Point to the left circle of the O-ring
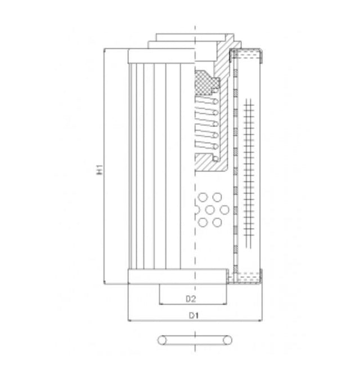click(x=163, y=340)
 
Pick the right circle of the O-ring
click(x=226, y=340)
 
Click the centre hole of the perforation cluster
click(x=213, y=210)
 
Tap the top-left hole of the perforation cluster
click(x=203, y=198)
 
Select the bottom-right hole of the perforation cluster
click(x=217, y=222)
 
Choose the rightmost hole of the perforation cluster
click(x=225, y=210)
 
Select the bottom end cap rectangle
click(x=177, y=277)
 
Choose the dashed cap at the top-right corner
click(x=247, y=55)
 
